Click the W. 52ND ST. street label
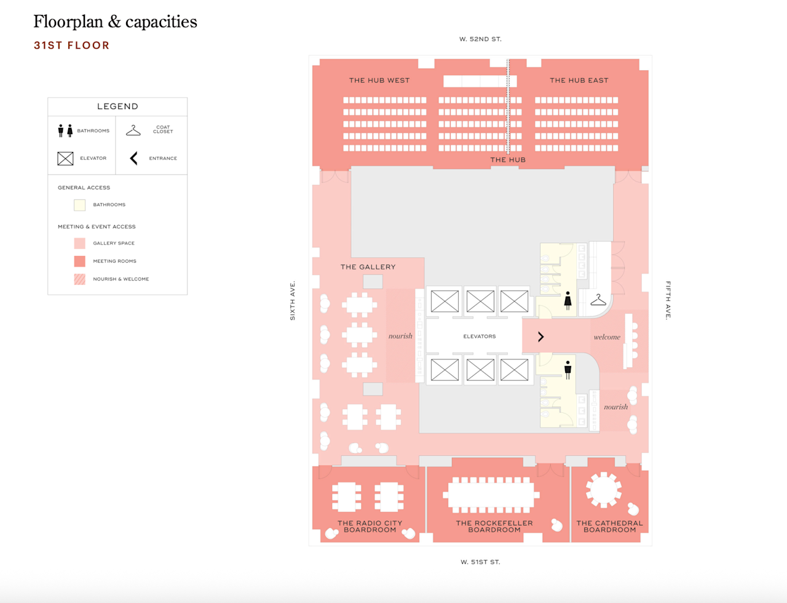480,39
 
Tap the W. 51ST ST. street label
480,562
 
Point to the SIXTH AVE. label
292,300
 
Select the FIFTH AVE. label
668,300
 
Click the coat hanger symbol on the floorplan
598,300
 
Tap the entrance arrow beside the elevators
540,337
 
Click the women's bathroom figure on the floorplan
568,300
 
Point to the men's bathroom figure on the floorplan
568,370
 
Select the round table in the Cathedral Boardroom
603,490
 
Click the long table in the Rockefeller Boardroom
491,495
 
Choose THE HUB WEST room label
379,81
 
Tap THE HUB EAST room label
579,81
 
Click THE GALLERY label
368,267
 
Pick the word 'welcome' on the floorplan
607,337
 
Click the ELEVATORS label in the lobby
480,337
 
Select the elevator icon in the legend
65,158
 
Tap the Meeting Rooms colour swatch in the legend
80,262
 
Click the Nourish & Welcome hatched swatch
80,279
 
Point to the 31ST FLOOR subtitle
71,46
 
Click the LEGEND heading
117,106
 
